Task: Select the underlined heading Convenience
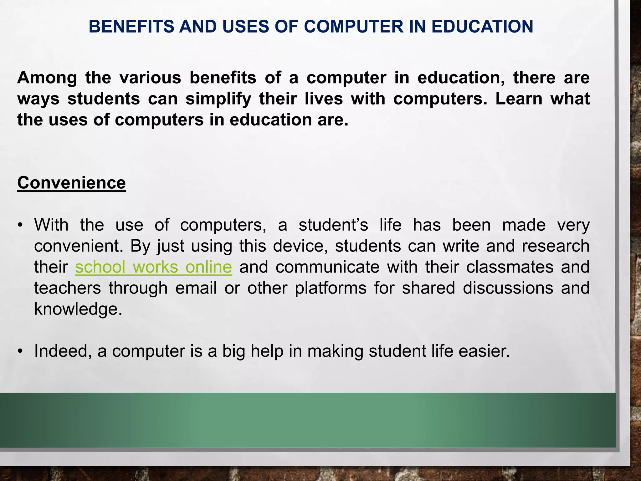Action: point(71,182)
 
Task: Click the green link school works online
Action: point(153,267)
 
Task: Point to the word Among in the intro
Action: point(47,78)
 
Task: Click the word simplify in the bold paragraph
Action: point(218,99)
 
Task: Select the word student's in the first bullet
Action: point(333,225)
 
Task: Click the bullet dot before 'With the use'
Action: point(20,225)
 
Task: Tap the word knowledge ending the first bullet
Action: point(78,309)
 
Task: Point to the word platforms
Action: point(331,288)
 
